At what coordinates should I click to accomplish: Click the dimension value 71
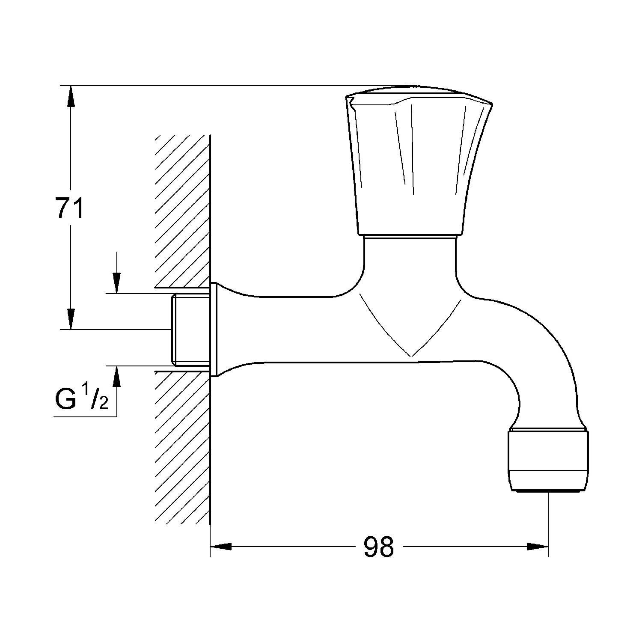click(69, 208)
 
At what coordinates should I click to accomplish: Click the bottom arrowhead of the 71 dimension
click(71, 319)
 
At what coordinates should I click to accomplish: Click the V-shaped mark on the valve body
click(410, 325)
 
